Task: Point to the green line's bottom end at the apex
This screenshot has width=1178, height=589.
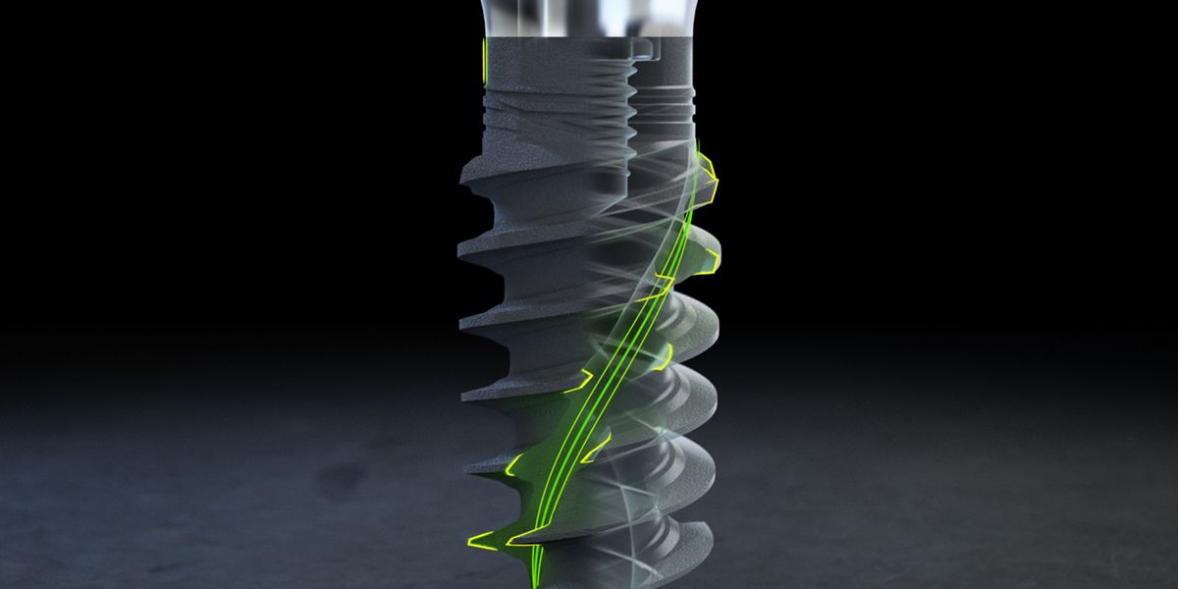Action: pyautogui.click(x=535, y=579)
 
